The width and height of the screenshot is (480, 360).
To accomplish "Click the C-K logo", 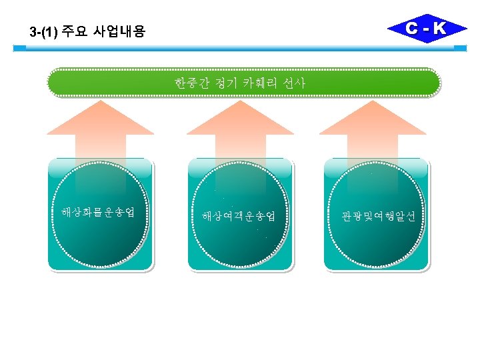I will coord(427,29).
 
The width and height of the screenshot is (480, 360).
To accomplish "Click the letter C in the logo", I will coord(413,29).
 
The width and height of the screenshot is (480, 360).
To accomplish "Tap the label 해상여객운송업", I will coord(239,216).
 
